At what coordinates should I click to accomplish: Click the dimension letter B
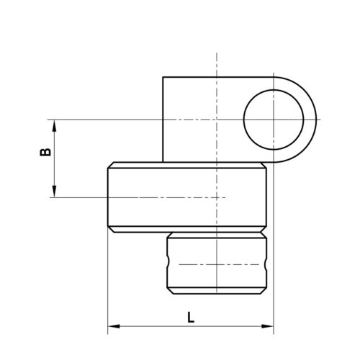tap(43, 153)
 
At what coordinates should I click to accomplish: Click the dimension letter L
tap(189, 316)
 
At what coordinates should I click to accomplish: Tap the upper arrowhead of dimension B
tap(54, 124)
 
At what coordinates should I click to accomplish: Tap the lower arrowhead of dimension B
tap(54, 191)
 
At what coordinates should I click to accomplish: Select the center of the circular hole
tap(274, 119)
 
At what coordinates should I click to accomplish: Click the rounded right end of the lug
tap(315, 119)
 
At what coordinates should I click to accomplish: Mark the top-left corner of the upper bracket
tap(163, 77)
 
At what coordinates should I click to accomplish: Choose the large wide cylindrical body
tap(187, 197)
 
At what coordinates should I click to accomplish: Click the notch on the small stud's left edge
tap(168, 264)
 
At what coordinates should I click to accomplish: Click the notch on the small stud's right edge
tap(268, 264)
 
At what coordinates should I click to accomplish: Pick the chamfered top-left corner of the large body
tap(109, 165)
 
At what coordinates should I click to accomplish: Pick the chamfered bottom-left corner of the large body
tap(109, 229)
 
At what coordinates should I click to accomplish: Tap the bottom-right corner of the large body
tap(267, 230)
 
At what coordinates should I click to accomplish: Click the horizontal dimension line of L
tap(216, 328)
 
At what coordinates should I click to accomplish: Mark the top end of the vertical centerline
tap(217, 54)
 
